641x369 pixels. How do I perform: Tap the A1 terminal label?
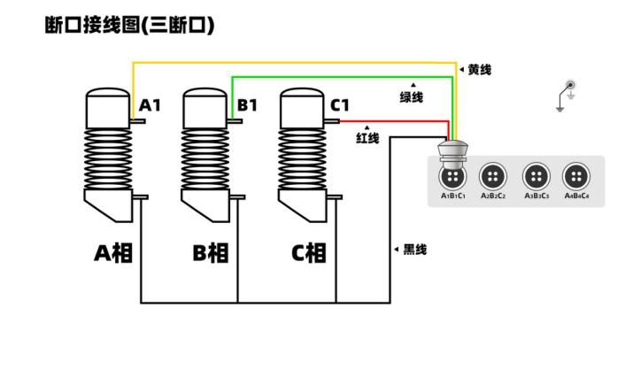pyautogui.click(x=150, y=105)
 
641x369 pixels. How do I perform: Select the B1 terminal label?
pyautogui.click(x=247, y=105)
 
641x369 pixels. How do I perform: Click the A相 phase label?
pyautogui.click(x=114, y=253)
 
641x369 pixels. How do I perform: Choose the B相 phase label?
pyautogui.click(x=211, y=253)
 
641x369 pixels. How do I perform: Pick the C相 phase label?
pyautogui.click(x=309, y=253)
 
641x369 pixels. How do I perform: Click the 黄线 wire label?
pyautogui.click(x=479, y=69)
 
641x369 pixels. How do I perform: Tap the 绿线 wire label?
pyautogui.click(x=412, y=96)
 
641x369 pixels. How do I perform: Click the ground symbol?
pyautogui.click(x=564, y=95)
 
